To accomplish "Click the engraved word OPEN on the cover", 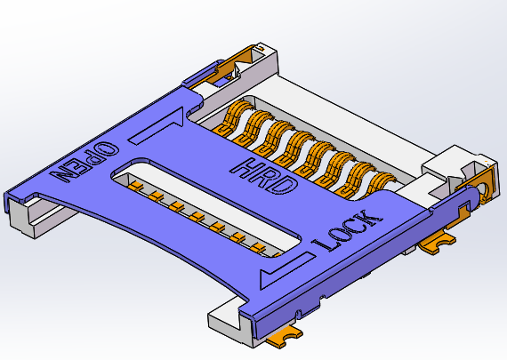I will coord(85,161).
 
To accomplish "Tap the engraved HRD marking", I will coord(264,175).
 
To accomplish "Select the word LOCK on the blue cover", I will coord(350,229).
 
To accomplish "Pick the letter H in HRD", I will coord(246,166).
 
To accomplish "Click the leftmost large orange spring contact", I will coord(238,120).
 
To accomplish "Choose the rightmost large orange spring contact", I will coord(382,181).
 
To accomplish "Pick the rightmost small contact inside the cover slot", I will coord(258,246).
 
